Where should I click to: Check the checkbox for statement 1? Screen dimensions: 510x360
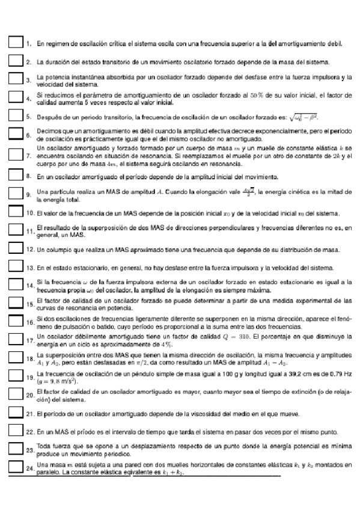pos(16,43)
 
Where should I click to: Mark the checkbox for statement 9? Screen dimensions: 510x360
pos(16,193)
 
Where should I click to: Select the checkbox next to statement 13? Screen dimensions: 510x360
pos(16,266)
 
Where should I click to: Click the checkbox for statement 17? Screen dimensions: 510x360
pos(16,340)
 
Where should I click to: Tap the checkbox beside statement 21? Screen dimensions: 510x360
pos(16,413)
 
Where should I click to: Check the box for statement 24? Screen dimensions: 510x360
pos(16,467)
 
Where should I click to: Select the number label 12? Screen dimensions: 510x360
pos(29,248)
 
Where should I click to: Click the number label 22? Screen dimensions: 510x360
pos(29,432)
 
